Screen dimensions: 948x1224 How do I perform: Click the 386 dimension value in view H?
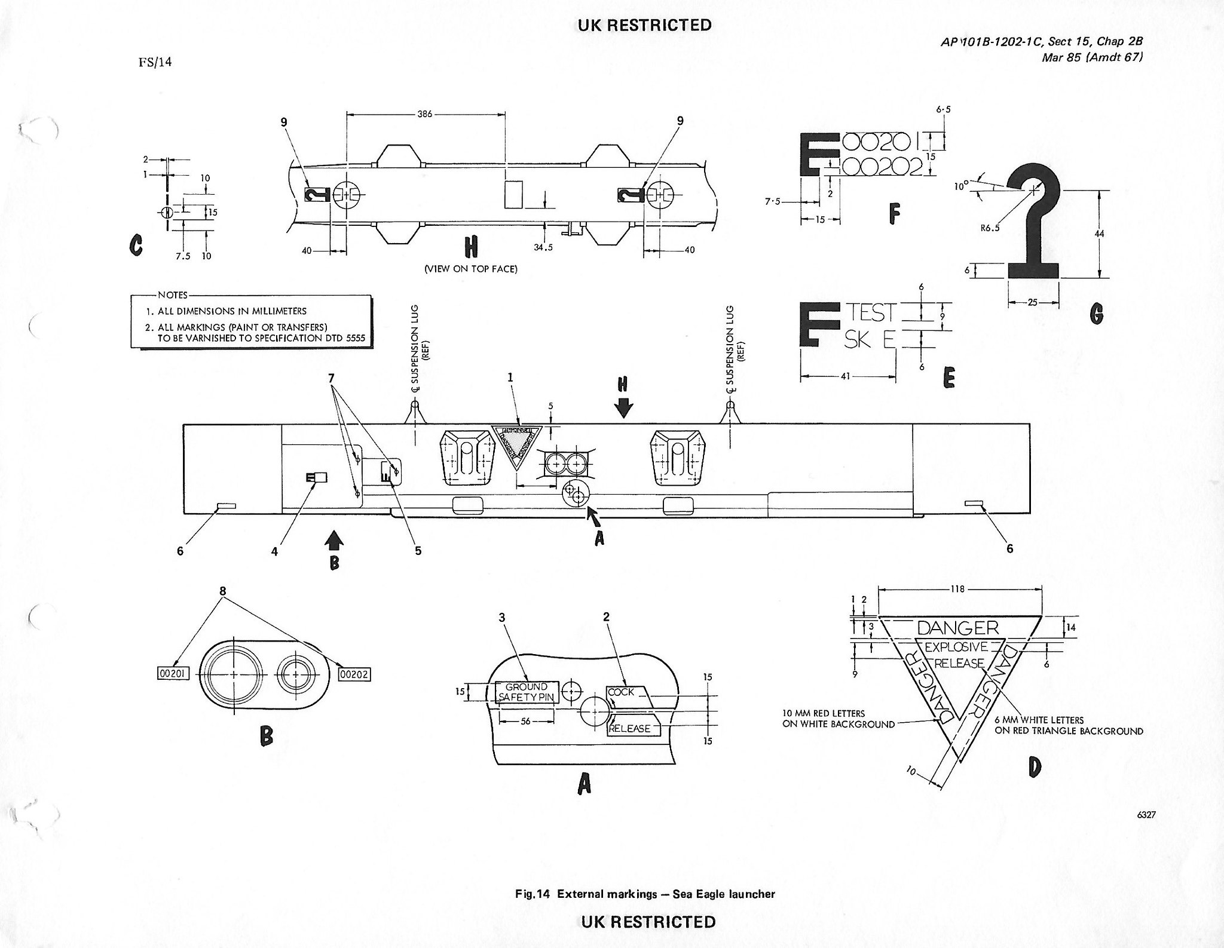click(425, 113)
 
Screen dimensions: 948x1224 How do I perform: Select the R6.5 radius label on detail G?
click(989, 227)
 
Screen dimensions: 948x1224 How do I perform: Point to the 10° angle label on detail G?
click(962, 186)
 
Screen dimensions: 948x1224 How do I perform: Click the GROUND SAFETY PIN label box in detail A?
click(527, 692)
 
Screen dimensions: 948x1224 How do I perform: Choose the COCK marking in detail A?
click(622, 692)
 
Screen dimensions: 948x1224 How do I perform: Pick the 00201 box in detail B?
click(173, 674)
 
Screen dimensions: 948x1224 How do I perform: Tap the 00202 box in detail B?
click(354, 674)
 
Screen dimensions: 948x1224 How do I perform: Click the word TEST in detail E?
click(871, 312)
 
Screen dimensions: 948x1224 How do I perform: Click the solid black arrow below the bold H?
click(623, 408)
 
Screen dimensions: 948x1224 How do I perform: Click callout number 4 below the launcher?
click(275, 552)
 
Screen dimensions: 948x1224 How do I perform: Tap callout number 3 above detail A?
click(502, 617)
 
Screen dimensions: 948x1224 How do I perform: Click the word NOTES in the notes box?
click(173, 295)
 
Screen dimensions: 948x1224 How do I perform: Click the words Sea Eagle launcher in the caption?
click(724, 894)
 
